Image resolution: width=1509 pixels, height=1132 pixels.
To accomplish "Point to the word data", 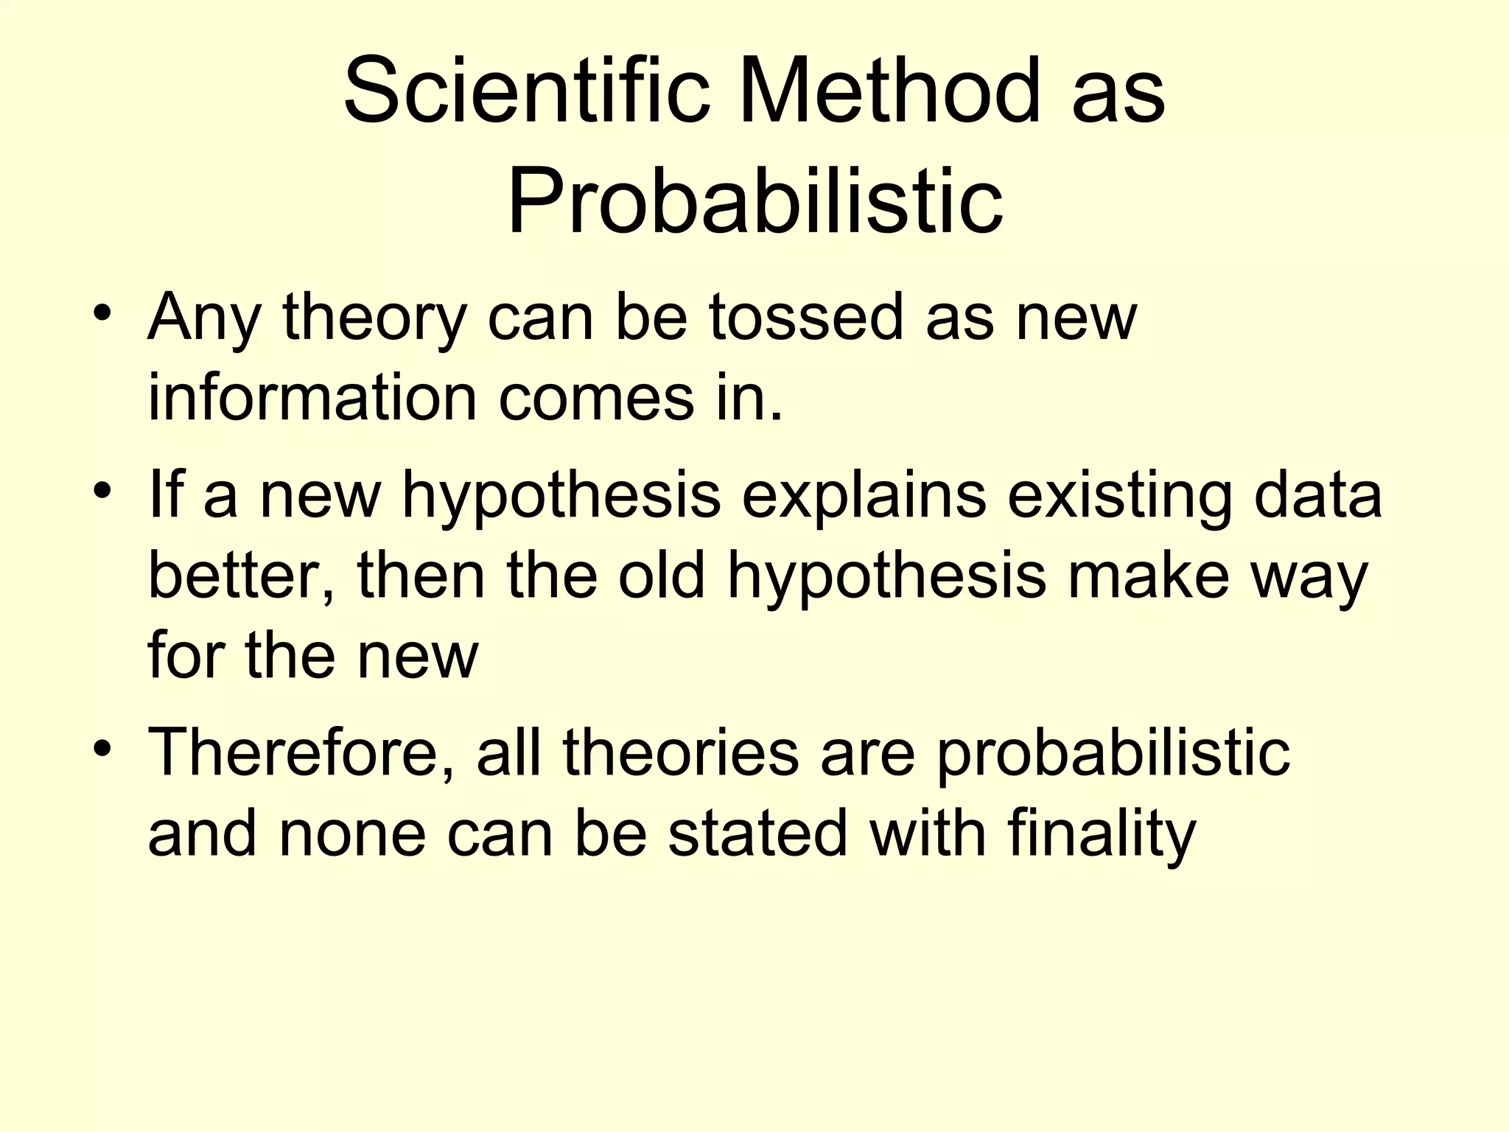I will tap(1318, 495).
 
